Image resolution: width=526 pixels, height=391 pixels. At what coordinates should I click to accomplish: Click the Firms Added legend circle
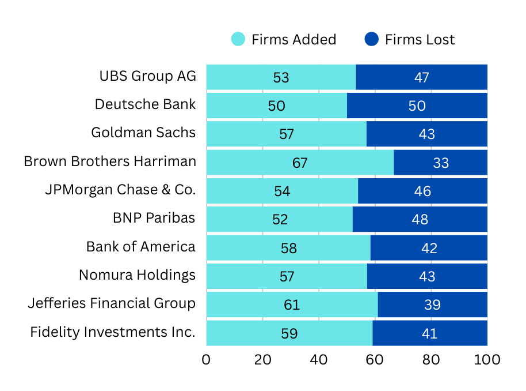coord(238,39)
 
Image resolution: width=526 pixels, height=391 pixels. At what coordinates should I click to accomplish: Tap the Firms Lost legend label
coord(420,39)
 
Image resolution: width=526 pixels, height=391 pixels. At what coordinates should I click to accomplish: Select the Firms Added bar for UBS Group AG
coord(281,77)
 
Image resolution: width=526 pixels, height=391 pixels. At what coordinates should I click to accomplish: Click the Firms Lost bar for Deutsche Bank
coord(417,106)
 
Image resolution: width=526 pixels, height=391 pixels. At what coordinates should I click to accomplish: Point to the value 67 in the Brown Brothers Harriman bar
coord(300,163)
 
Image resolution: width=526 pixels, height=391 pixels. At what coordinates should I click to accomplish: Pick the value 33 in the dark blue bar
coord(441,163)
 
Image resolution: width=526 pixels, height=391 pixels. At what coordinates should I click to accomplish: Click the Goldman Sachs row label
coord(143,133)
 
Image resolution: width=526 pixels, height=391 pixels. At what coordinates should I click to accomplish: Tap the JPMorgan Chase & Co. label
coord(120,189)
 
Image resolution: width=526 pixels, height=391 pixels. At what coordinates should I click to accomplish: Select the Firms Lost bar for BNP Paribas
coord(420,219)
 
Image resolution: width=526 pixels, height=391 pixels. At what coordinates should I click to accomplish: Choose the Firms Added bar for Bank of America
coord(288,248)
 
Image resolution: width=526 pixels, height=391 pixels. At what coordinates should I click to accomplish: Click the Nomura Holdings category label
coord(137,275)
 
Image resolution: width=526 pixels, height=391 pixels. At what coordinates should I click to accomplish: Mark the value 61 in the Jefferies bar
coord(292,304)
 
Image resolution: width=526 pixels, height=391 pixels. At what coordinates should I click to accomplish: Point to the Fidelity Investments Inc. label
coord(113,332)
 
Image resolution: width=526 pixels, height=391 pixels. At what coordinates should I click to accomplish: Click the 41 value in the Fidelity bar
coord(429,333)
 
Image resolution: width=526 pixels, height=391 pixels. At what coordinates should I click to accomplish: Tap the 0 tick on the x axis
coord(206,360)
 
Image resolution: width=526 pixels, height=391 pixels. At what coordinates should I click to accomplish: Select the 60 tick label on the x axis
coord(375,360)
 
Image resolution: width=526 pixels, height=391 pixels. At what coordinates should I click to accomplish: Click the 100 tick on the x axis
coord(487,360)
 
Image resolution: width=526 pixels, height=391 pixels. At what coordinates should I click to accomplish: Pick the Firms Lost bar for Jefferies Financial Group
coord(432,304)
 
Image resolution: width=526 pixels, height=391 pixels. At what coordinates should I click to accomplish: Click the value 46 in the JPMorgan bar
coord(422,191)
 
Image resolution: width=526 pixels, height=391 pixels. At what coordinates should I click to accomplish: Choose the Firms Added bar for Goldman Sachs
coord(286,134)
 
